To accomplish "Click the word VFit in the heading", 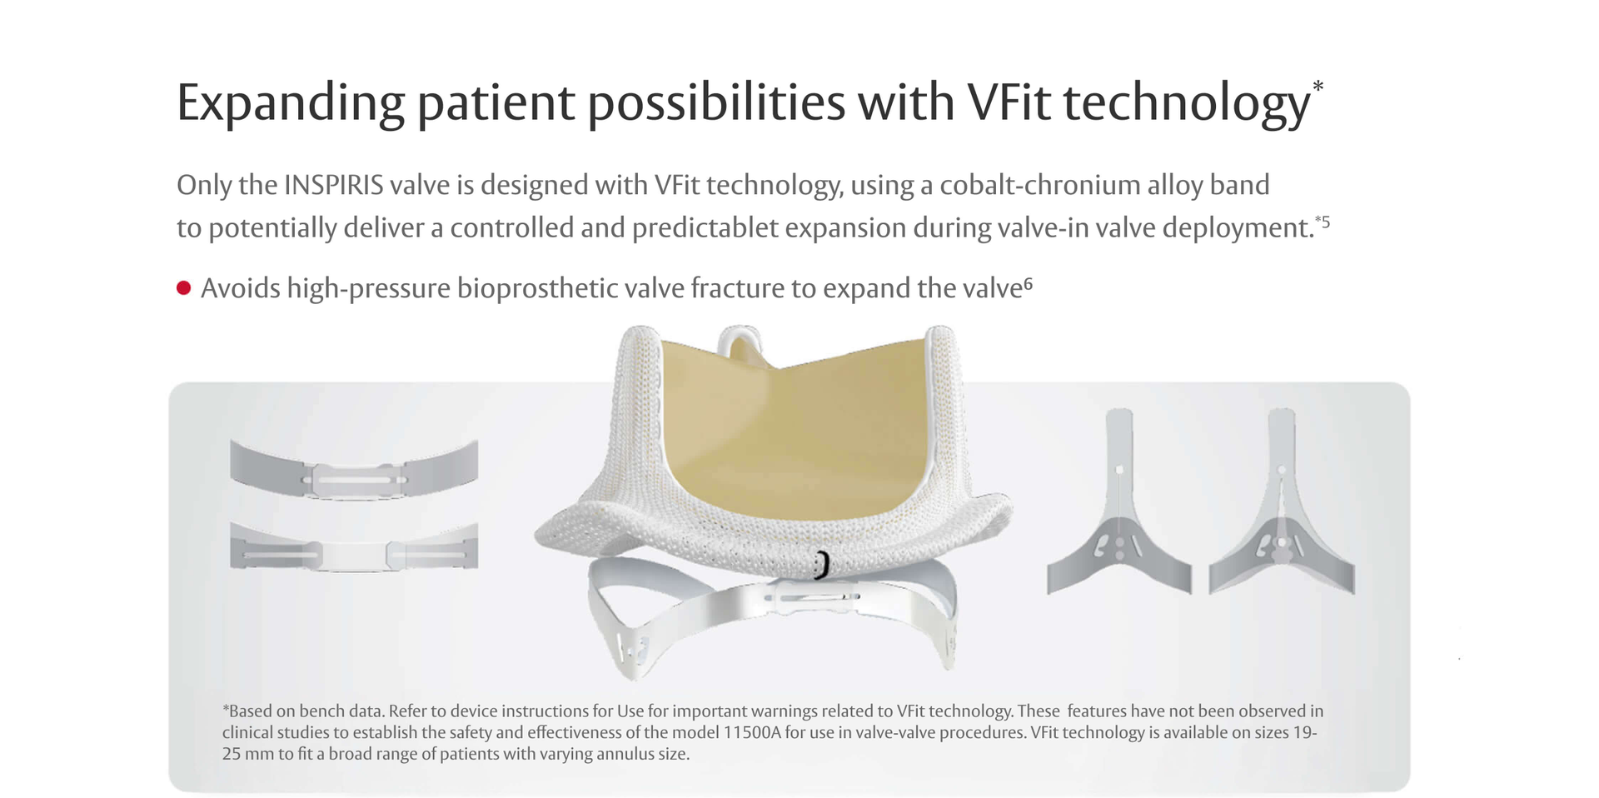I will (x=1009, y=102).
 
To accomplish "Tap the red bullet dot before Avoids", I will (x=184, y=288).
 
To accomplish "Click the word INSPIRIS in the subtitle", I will (x=333, y=185).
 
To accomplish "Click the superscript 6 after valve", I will (x=1029, y=284).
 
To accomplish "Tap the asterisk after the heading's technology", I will (x=1318, y=87).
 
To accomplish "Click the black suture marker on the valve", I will (x=822, y=565).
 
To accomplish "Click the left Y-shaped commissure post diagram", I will (x=1119, y=508).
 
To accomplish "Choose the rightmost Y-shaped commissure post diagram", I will (x=1282, y=508).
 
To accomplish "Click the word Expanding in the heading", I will (x=291, y=104).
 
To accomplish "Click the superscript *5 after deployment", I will (x=1322, y=222).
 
